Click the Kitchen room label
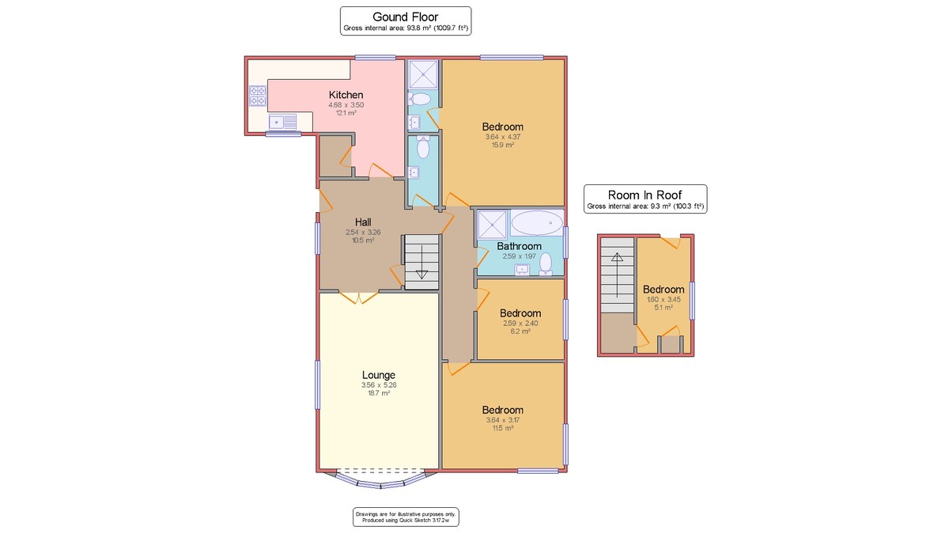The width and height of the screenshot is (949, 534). pyautogui.click(x=346, y=95)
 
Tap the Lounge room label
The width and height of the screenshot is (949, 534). pyautogui.click(x=379, y=375)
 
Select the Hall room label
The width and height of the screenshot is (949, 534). pyautogui.click(x=363, y=222)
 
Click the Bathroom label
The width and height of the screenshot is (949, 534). pyautogui.click(x=519, y=246)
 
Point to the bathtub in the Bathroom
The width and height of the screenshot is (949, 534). pyautogui.click(x=537, y=222)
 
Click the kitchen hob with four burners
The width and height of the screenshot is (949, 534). pyautogui.click(x=258, y=96)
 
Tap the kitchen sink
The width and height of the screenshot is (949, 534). pyautogui.click(x=282, y=122)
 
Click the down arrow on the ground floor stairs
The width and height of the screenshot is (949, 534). pyautogui.click(x=422, y=262)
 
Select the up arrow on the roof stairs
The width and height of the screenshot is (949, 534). pyautogui.click(x=618, y=275)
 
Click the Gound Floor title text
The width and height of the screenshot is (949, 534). pyautogui.click(x=406, y=17)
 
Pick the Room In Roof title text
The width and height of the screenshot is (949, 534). pyautogui.click(x=645, y=195)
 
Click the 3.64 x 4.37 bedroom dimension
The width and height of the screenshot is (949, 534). pyautogui.click(x=503, y=137)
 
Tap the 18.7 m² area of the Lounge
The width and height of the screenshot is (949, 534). pyautogui.click(x=379, y=393)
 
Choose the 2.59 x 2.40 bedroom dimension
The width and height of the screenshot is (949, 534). pyautogui.click(x=520, y=324)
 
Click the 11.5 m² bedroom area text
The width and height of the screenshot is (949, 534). pyautogui.click(x=502, y=428)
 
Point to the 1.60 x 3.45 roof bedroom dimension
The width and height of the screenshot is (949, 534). pyautogui.click(x=664, y=299)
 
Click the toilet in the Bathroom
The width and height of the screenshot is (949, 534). pyautogui.click(x=546, y=263)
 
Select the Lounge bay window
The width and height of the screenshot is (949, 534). pyautogui.click(x=380, y=481)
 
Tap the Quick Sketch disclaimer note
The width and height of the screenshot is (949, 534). pyautogui.click(x=406, y=517)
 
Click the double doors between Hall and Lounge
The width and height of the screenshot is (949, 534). pyautogui.click(x=359, y=298)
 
